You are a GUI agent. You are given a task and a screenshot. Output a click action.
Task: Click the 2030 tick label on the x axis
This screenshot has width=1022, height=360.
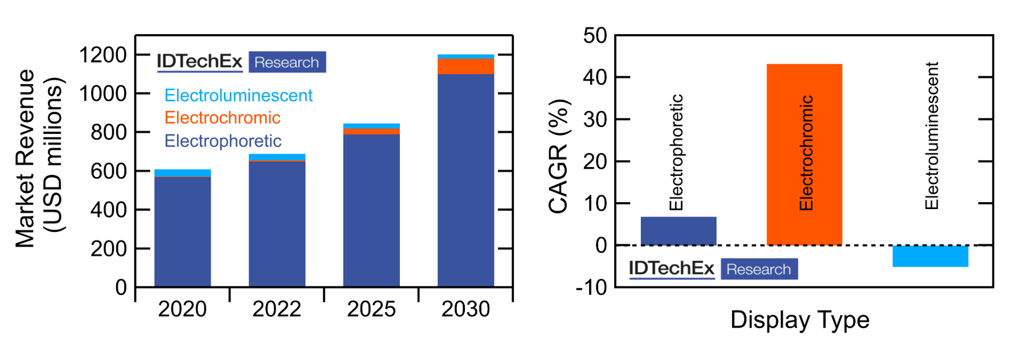pos(465,309)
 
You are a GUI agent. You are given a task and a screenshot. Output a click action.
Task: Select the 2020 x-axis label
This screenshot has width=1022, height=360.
pos(182,309)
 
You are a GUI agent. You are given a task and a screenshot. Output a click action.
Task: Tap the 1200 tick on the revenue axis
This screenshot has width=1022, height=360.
pos(103,55)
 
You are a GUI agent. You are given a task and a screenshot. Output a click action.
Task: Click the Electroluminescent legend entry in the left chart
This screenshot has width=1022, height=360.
pos(238,95)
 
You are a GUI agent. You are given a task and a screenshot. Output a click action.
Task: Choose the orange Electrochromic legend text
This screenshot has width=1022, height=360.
pos(222,118)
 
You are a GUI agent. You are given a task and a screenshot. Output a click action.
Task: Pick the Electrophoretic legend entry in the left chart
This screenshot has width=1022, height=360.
pos(223,141)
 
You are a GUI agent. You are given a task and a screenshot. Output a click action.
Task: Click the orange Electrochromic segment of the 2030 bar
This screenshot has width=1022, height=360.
pos(465,66)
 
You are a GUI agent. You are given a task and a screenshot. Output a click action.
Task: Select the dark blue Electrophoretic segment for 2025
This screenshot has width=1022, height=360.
pos(371,211)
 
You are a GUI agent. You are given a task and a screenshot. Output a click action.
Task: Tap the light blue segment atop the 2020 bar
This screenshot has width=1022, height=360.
pos(182,173)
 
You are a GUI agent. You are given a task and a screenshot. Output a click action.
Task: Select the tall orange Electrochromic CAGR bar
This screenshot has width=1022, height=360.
pos(804,154)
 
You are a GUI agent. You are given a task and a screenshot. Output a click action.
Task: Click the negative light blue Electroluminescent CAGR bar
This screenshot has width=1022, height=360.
pos(930,256)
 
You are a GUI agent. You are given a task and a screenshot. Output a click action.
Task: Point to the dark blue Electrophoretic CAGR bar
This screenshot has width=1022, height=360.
pos(678,231)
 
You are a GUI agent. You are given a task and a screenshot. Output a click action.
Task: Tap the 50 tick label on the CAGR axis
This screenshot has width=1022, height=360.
pos(595,36)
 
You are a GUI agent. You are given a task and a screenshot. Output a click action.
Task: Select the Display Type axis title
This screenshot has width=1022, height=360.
pos(800,320)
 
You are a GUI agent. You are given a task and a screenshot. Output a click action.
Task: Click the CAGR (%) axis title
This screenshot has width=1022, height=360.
pos(559,157)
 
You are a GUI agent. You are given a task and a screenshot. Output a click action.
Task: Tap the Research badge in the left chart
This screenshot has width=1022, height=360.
pos(287,62)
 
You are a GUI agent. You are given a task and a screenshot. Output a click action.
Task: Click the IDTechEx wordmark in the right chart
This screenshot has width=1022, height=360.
pos(671,268)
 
